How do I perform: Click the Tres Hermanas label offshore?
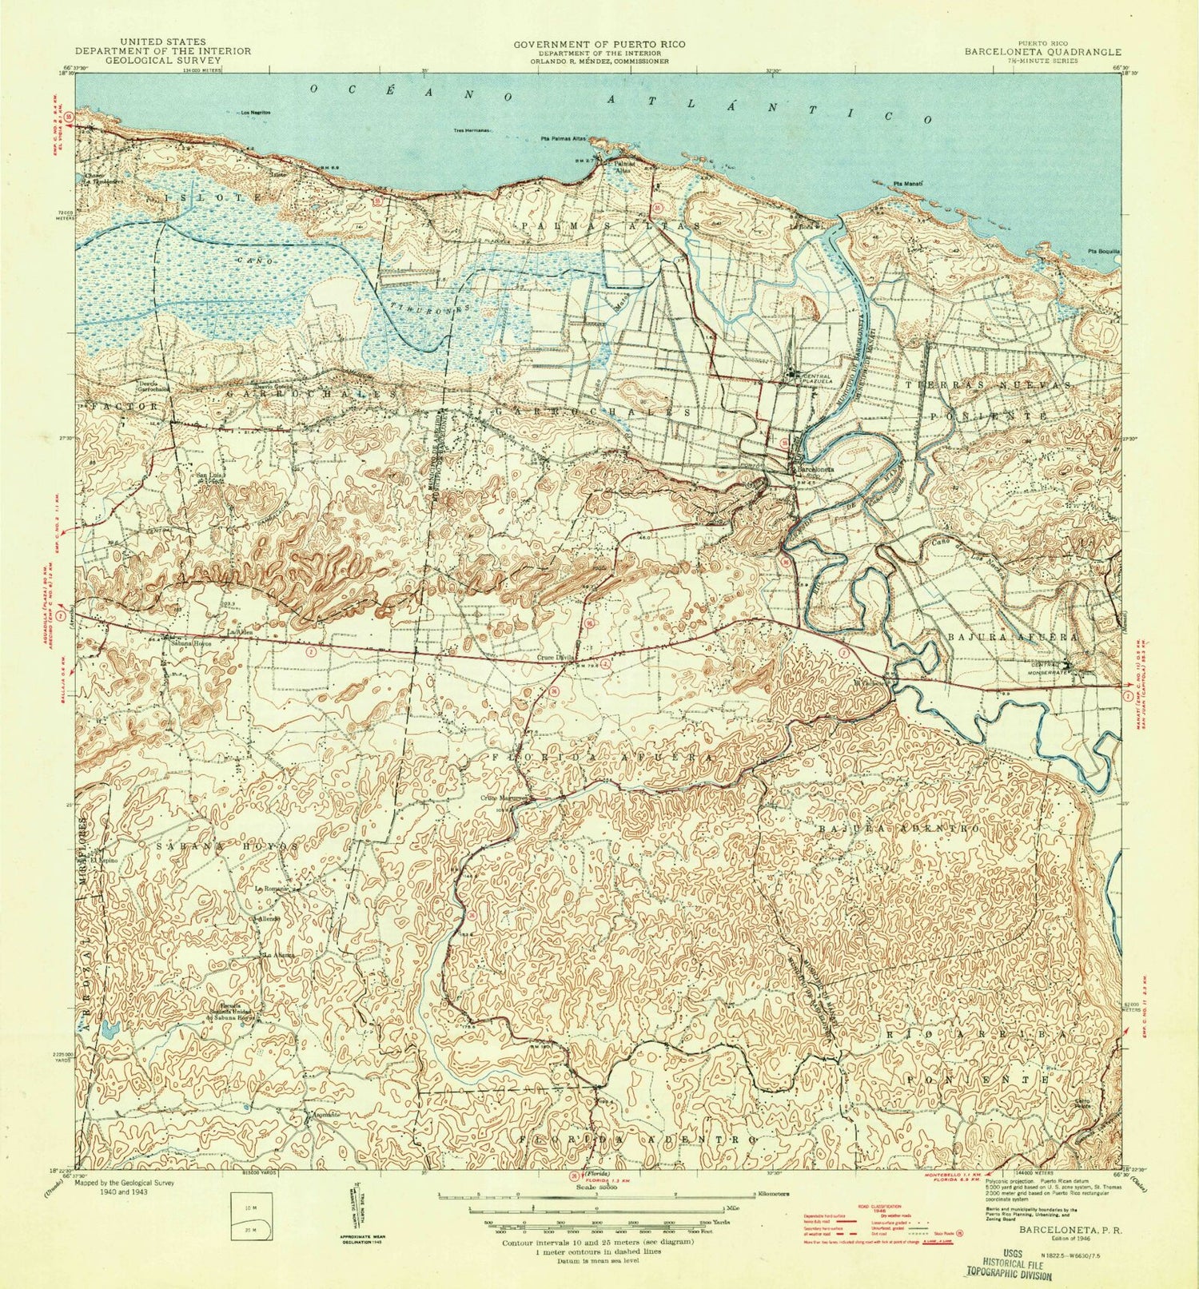coord(472,130)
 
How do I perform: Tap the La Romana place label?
coord(271,889)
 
